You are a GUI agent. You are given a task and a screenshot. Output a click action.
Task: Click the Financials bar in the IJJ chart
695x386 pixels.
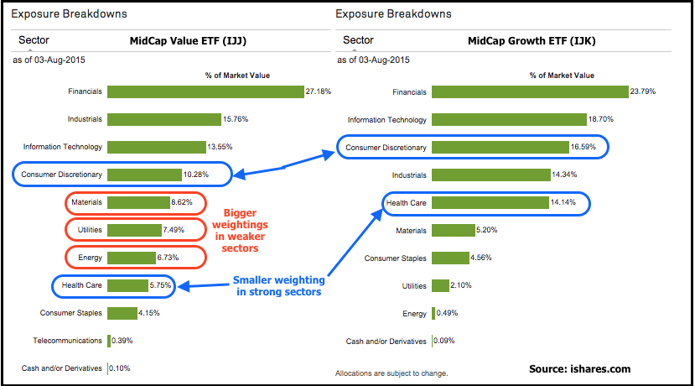(x=205, y=91)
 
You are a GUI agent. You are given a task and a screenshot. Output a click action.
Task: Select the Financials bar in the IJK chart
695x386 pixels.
(x=530, y=91)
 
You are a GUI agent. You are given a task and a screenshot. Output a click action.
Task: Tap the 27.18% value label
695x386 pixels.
(x=319, y=91)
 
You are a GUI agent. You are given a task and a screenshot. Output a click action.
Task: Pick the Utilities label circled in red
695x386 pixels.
(x=87, y=229)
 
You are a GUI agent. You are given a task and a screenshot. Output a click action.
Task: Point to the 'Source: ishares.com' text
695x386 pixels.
(x=579, y=368)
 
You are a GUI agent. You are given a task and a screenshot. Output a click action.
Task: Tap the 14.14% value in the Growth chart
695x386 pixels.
(x=563, y=202)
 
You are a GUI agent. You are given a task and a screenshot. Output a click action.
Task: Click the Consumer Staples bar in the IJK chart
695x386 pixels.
(x=450, y=258)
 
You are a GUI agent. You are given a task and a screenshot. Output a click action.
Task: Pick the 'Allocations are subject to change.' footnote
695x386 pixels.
(x=391, y=373)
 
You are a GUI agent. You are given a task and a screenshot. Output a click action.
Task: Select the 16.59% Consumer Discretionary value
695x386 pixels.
(x=584, y=148)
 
